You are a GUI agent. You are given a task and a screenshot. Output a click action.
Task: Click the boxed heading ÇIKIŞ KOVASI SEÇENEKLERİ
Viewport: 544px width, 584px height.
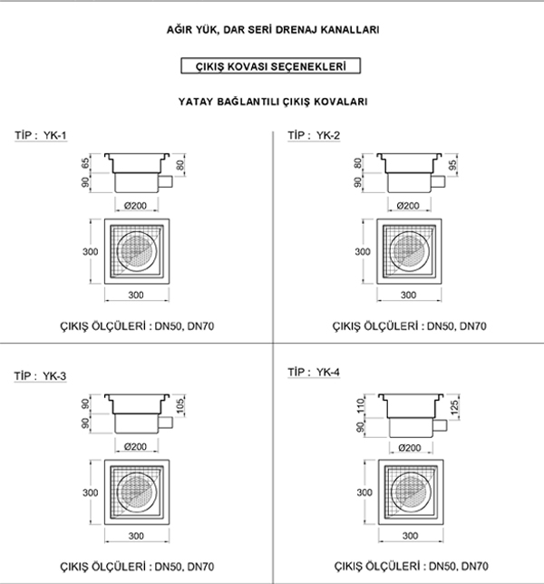tap(271, 66)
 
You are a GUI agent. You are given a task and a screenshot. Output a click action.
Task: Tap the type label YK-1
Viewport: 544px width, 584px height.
tap(55, 135)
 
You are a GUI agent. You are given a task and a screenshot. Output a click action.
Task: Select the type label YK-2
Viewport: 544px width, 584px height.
tap(328, 135)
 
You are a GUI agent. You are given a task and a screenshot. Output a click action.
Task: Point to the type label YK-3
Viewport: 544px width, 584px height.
tap(54, 375)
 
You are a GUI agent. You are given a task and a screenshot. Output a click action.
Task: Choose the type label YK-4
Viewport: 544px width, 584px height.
tap(328, 372)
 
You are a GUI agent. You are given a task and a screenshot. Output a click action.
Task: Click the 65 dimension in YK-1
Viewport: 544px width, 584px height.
tap(85, 163)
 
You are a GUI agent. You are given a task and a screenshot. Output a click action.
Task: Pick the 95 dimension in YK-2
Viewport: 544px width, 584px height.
tap(452, 165)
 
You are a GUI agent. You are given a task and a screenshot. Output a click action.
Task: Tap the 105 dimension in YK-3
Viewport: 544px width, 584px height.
tap(180, 405)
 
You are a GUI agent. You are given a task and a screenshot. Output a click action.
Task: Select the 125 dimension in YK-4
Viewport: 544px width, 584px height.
tap(454, 407)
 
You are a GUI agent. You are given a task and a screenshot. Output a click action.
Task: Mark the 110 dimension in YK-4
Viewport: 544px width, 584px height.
tap(361, 405)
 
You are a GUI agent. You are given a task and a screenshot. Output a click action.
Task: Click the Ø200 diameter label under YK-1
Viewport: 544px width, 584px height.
tap(135, 206)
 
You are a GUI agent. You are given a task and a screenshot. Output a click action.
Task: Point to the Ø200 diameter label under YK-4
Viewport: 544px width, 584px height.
tap(410, 448)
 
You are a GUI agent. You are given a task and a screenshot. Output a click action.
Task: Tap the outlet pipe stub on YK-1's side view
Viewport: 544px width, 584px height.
tap(166, 182)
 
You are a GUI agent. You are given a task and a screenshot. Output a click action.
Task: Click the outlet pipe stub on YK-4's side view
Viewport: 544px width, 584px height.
tap(440, 425)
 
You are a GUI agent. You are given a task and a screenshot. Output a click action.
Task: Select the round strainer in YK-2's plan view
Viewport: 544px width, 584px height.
tap(409, 251)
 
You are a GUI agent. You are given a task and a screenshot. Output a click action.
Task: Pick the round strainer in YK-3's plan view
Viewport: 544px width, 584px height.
tap(137, 492)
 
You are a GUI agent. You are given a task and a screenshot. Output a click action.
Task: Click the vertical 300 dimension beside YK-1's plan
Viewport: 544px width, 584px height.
tap(91, 252)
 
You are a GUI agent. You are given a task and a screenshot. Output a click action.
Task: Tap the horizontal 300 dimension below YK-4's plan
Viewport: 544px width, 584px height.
tap(410, 536)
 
